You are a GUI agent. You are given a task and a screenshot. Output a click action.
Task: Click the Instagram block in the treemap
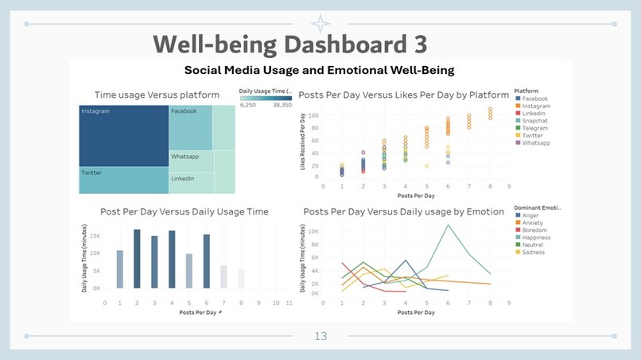click(x=123, y=136)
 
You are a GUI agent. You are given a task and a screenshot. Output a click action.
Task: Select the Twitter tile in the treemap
click(x=123, y=182)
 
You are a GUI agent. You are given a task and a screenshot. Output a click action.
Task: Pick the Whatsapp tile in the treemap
click(x=191, y=161)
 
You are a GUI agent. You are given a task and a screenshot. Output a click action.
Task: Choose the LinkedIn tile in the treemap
click(x=191, y=183)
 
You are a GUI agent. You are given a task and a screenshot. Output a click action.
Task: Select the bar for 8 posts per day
click(x=241, y=278)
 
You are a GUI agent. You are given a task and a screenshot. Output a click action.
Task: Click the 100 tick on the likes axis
click(x=314, y=115)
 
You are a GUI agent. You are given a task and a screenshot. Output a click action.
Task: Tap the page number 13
click(x=320, y=337)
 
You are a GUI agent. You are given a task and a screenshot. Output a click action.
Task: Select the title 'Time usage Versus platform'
click(x=157, y=95)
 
